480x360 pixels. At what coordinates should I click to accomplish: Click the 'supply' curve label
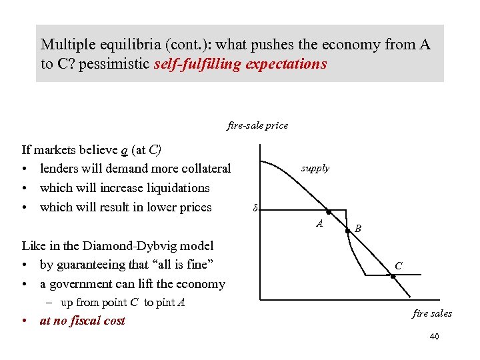coord(315,168)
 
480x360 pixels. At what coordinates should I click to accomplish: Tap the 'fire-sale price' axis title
coord(257,125)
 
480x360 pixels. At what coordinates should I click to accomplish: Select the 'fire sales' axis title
coord(432,313)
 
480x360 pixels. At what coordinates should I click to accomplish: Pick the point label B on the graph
coord(358,229)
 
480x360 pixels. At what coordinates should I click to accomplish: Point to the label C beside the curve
coord(398,265)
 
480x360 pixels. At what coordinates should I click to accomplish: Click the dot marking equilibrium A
coord(328,211)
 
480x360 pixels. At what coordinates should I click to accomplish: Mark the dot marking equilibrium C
coord(393,275)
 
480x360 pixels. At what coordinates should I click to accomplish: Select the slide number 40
coord(434,337)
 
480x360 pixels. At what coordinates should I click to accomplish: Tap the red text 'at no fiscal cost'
coord(82,321)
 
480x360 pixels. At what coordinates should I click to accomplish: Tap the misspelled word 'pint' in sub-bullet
coord(164,303)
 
